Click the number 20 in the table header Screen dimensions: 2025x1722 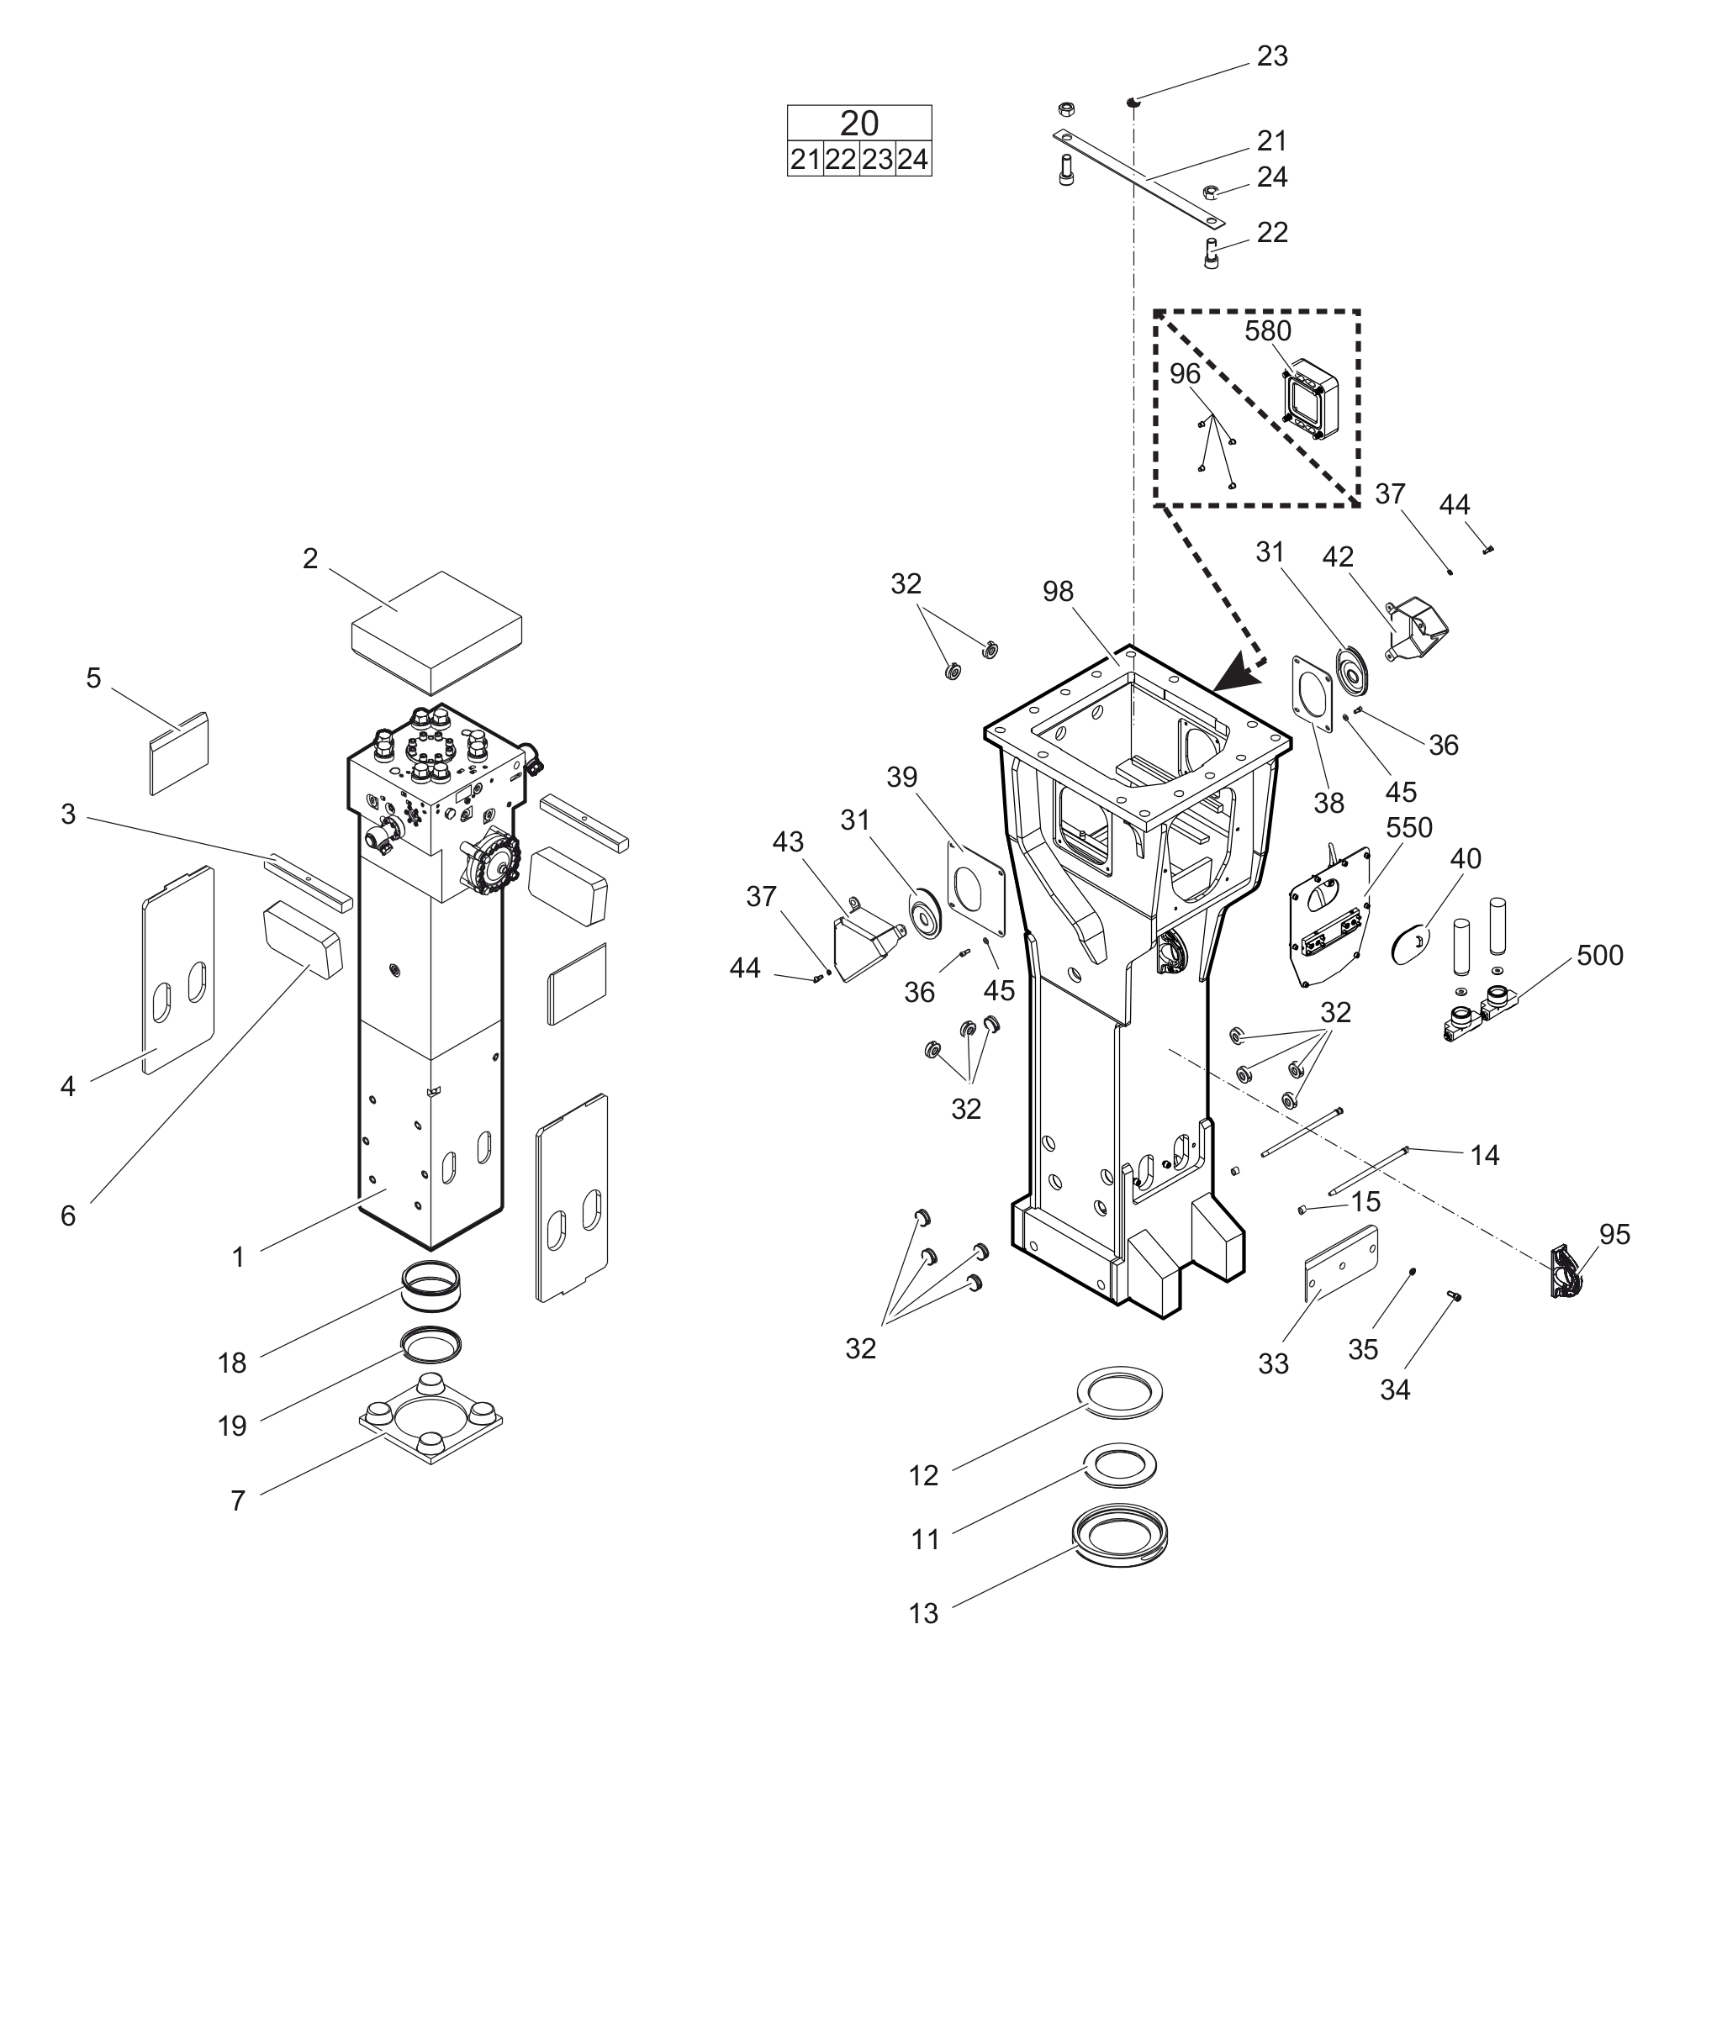coord(859,123)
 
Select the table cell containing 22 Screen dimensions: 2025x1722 coord(841,159)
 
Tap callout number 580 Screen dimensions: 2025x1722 coord(1267,332)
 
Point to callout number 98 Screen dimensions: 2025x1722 coord(1059,592)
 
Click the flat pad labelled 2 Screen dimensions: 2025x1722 coord(436,630)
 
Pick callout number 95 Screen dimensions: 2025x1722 coord(1614,1235)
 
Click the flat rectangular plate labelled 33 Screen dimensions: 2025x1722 coord(1341,1263)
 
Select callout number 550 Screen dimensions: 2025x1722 coord(1408,827)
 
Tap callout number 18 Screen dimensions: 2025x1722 coord(231,1363)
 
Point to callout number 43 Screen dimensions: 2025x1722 coord(788,841)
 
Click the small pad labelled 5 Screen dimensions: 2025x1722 coord(178,751)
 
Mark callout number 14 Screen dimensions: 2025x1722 coord(1484,1156)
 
